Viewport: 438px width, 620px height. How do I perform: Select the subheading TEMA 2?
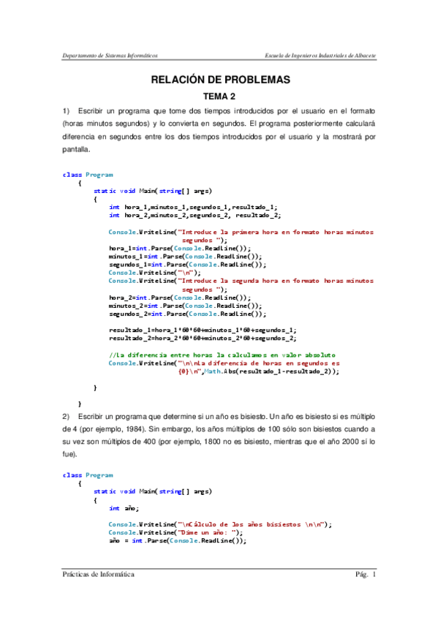[220, 97]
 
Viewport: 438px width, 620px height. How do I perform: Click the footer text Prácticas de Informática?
[98, 575]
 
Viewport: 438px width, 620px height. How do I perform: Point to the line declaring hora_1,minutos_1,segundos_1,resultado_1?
[193, 208]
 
